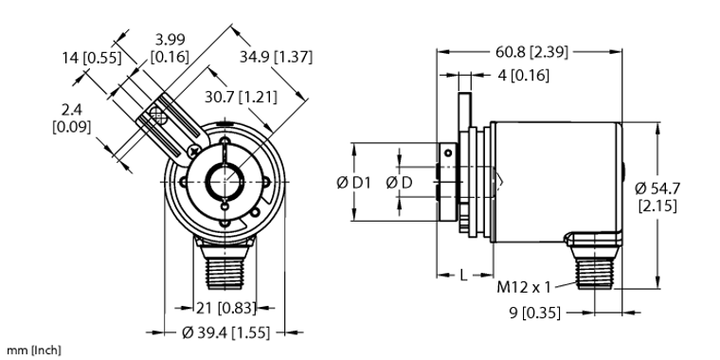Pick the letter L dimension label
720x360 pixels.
pyautogui.click(x=461, y=275)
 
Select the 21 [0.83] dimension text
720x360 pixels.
pyautogui.click(x=220, y=307)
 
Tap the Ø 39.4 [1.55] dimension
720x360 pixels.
pyautogui.click(x=224, y=332)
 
